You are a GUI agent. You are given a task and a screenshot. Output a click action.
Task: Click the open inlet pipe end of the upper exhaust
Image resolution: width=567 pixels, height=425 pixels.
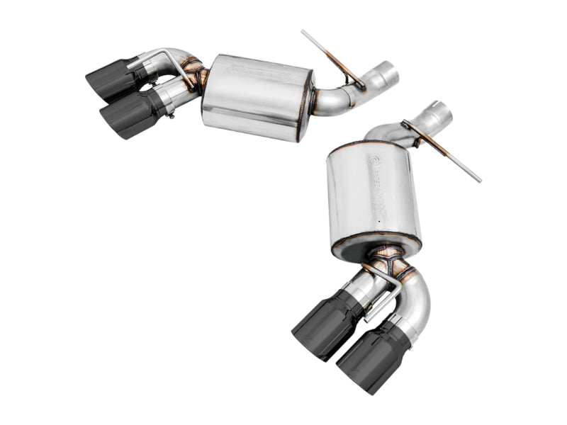388,73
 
